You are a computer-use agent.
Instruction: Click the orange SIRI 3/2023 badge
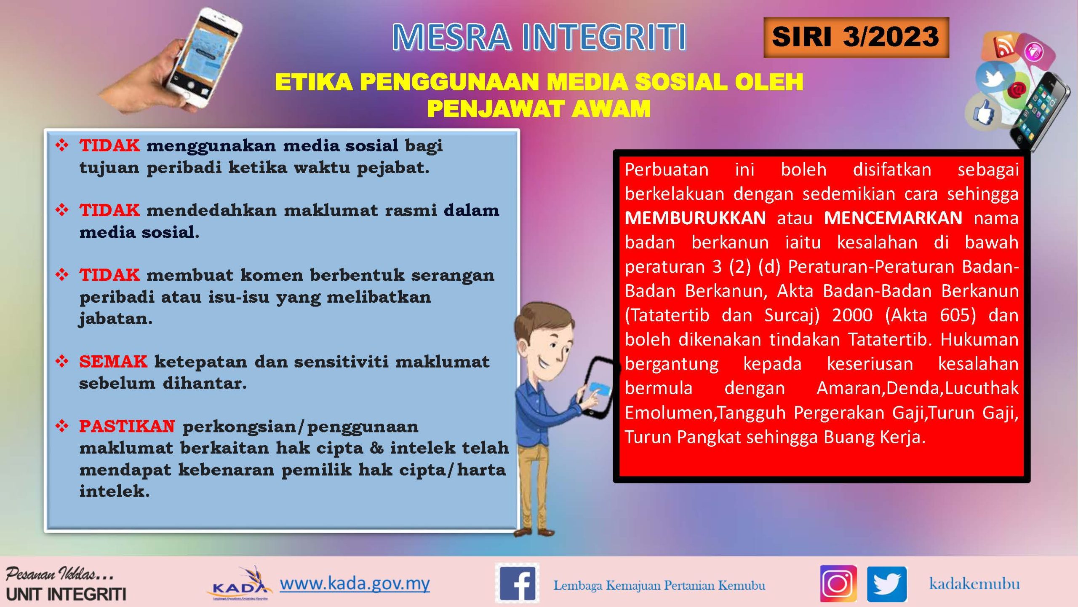(856, 37)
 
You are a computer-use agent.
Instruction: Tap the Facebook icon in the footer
(517, 584)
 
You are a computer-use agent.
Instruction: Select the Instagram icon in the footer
(838, 584)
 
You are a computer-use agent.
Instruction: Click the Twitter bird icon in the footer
(887, 584)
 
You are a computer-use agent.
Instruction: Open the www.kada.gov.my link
(355, 583)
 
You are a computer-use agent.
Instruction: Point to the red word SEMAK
(113, 361)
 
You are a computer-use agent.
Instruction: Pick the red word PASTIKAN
(127, 426)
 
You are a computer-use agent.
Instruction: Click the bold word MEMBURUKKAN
(695, 218)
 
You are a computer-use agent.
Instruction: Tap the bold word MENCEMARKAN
(893, 218)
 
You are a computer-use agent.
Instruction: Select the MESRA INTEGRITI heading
(539, 37)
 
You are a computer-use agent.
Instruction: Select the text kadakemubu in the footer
(974, 584)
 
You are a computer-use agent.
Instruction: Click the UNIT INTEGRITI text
(66, 594)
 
